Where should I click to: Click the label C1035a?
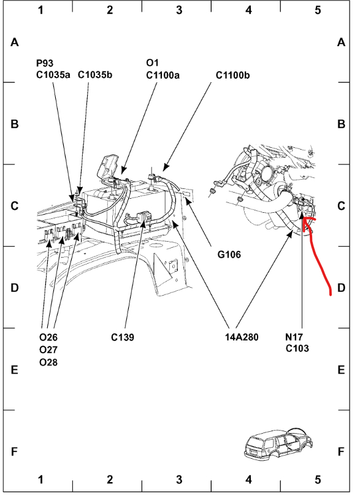click(53, 75)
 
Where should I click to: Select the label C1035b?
click(95, 75)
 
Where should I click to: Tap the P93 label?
click(45, 63)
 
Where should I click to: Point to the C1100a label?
click(163, 75)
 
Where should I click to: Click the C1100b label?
click(232, 75)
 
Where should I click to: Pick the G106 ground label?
click(229, 255)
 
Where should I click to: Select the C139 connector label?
click(123, 337)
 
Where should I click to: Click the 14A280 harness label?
click(242, 337)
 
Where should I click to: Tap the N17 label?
click(294, 337)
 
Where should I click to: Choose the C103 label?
click(297, 348)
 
